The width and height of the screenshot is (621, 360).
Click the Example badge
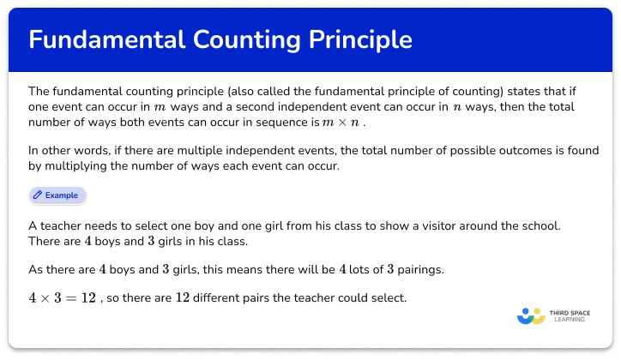[x=56, y=195]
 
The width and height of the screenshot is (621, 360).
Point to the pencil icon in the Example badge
[x=38, y=195]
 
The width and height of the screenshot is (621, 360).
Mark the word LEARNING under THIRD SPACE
[x=569, y=321]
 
